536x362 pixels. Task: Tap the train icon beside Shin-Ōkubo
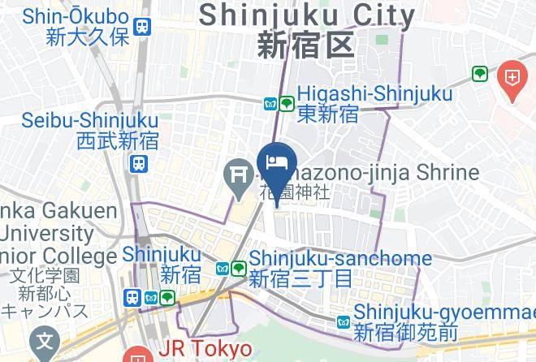tap(144, 26)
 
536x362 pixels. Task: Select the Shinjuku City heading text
tap(307, 15)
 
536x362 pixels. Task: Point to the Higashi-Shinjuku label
tap(374, 95)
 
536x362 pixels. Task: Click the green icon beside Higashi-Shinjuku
tap(286, 104)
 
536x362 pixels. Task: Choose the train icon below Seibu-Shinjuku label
tap(139, 164)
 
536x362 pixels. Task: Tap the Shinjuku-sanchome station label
tap(340, 259)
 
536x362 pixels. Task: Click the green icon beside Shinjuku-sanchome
tap(238, 268)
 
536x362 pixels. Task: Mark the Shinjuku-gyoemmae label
tap(437, 312)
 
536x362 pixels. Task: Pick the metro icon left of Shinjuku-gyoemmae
tap(343, 322)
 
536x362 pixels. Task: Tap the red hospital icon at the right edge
tap(513, 78)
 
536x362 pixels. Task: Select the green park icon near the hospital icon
tap(480, 75)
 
